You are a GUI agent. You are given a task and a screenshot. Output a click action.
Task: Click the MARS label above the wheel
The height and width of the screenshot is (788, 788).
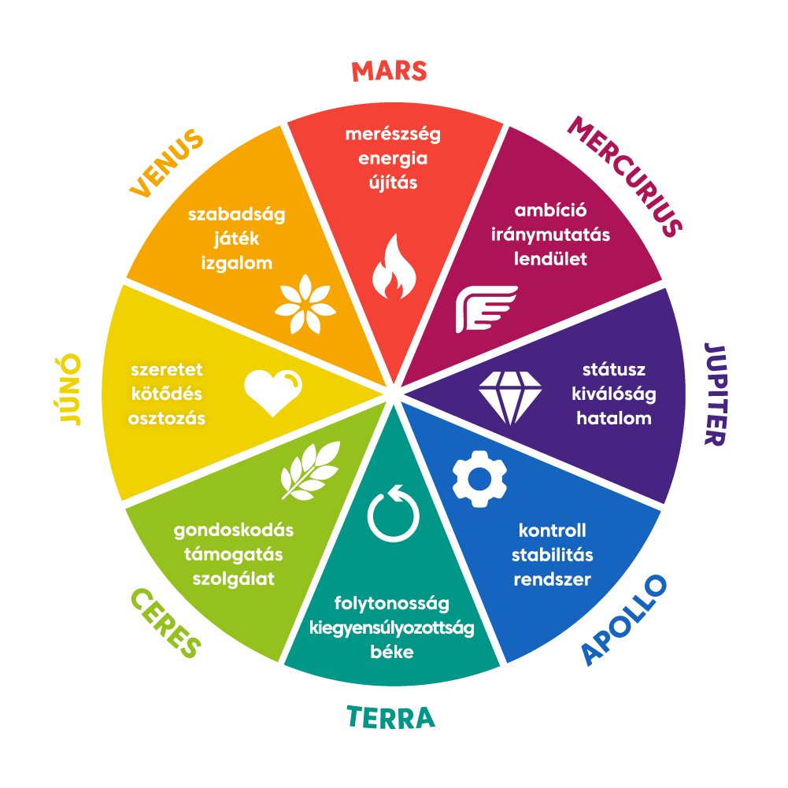click(389, 72)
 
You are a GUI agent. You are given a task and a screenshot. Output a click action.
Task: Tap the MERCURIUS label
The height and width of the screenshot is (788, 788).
click(625, 176)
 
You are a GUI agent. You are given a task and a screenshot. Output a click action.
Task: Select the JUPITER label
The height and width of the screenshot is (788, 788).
click(716, 394)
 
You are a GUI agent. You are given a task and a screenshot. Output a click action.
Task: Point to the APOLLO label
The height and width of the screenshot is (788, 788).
click(624, 620)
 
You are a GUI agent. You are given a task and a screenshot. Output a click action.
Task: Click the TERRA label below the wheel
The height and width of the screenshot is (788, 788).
click(390, 718)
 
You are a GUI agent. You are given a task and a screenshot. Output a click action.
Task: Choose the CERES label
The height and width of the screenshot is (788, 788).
click(166, 623)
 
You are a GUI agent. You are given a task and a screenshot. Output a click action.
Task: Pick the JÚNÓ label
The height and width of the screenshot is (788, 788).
click(68, 390)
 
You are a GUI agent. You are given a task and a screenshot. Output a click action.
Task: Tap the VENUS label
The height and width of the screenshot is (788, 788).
click(167, 163)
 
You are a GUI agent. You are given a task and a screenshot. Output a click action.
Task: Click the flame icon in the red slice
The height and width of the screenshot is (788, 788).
click(394, 267)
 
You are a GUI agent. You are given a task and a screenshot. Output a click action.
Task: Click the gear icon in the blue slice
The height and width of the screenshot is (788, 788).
click(479, 479)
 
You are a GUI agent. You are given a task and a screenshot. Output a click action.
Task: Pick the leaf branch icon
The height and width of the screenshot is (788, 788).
click(311, 471)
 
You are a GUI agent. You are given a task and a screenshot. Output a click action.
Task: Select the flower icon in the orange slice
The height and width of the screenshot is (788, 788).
click(305, 305)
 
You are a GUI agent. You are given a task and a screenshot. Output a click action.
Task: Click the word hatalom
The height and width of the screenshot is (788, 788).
click(613, 418)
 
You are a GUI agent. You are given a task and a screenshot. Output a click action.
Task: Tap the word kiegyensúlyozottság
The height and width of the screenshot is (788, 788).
click(391, 628)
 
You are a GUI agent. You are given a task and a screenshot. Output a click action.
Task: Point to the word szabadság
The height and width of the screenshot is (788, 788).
click(237, 215)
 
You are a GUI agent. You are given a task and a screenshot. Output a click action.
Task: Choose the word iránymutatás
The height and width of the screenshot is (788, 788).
click(550, 235)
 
